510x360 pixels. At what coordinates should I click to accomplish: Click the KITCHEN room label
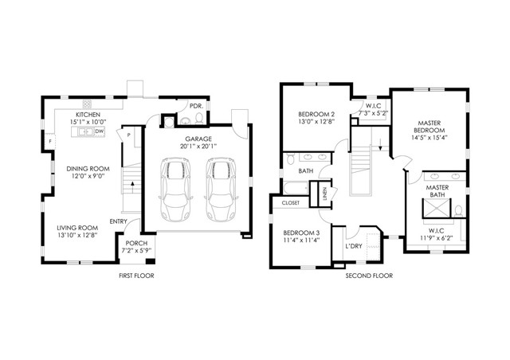click(88, 115)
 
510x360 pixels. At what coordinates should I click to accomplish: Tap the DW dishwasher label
click(100, 131)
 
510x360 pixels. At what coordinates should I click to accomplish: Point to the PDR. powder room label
click(194, 105)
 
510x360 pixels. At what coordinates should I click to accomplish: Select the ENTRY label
click(119, 221)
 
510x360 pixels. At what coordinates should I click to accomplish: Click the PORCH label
click(137, 244)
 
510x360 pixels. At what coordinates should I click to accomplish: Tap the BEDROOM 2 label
click(311, 115)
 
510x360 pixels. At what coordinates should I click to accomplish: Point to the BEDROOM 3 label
click(301, 232)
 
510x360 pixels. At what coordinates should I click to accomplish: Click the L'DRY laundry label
click(353, 246)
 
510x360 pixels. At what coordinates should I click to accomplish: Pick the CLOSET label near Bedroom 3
click(290, 203)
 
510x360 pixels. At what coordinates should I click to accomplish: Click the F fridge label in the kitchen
click(50, 141)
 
